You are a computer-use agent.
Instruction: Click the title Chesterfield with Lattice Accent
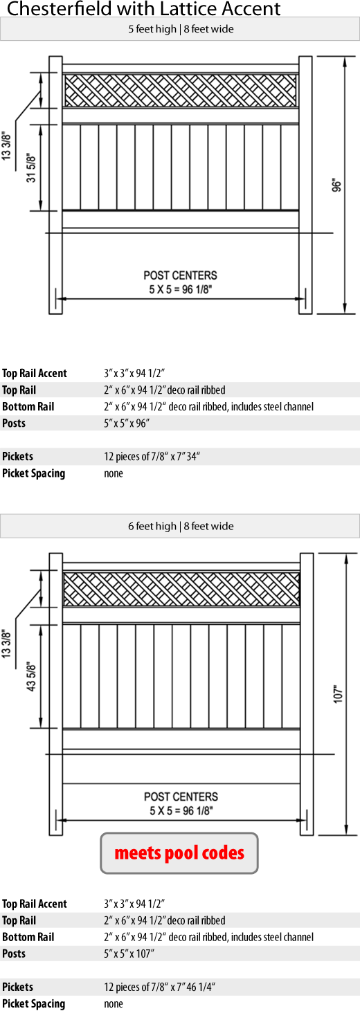[143, 8]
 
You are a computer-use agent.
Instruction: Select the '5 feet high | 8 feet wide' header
[181, 29]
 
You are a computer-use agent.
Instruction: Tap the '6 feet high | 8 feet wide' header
[181, 526]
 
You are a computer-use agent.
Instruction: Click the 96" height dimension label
[337, 185]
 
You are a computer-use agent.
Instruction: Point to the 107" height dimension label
[339, 694]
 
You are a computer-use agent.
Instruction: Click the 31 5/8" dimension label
[31, 167]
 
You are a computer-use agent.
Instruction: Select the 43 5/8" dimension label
[31, 676]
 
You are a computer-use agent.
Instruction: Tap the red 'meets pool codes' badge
[179, 853]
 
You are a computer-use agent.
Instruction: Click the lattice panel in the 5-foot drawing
[181, 91]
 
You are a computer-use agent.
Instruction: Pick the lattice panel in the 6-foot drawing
[181, 588]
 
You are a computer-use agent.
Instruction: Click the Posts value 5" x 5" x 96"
[127, 423]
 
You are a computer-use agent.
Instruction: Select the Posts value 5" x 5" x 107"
[129, 954]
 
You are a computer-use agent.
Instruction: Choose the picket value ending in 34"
[152, 457]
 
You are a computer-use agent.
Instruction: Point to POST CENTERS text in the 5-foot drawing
[180, 275]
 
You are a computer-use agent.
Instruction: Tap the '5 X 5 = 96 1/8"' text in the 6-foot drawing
[181, 810]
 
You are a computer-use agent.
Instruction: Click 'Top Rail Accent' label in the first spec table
[35, 373]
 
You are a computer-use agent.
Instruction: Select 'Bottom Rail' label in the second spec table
[28, 937]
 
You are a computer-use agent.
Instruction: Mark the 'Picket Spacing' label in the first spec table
[33, 473]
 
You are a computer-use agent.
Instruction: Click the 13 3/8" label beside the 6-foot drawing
[6, 644]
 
